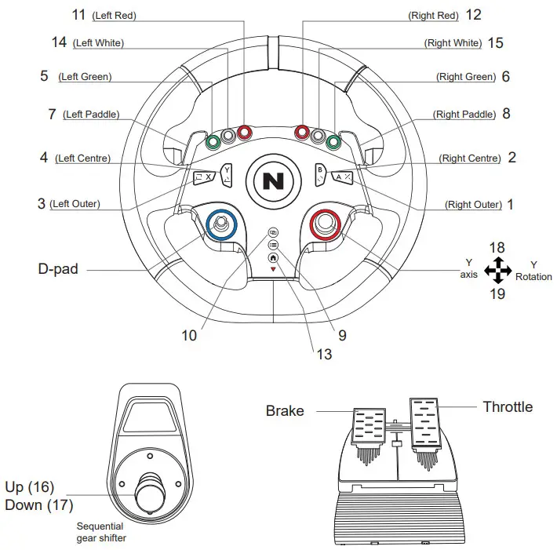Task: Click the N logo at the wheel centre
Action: coord(274,181)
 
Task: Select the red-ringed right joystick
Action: coord(326,224)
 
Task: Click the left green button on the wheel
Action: coord(213,142)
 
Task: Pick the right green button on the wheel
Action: coord(333,142)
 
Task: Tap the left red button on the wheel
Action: coord(244,132)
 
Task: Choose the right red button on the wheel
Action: coord(302,132)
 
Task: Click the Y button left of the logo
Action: coord(226,173)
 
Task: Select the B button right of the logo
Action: coord(321,173)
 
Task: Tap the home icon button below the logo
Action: coord(273,257)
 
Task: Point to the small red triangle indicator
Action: coord(273,269)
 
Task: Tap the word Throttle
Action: coord(507,406)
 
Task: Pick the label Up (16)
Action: coord(30,487)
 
